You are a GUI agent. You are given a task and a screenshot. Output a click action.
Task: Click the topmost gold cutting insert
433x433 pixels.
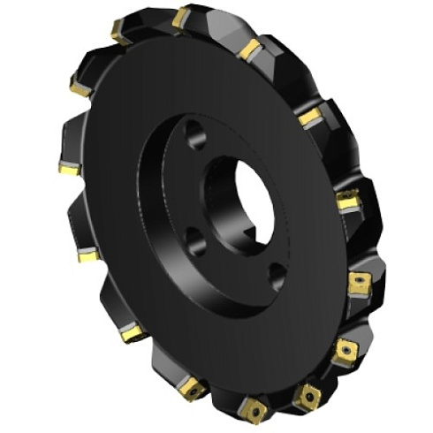tap(183, 17)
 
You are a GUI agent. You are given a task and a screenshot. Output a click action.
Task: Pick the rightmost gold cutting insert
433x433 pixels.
tap(359, 283)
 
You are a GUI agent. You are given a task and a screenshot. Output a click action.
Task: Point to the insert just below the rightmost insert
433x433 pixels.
tap(345, 352)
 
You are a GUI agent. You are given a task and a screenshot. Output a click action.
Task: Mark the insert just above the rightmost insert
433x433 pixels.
tap(348, 202)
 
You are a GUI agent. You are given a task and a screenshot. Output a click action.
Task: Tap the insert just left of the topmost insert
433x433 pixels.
tap(121, 34)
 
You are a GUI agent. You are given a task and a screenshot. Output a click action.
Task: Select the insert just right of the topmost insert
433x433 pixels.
tap(248, 48)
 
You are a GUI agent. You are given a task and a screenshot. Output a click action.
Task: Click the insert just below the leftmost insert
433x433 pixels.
tap(87, 255)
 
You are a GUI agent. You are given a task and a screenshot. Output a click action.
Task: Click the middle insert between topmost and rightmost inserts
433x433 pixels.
tap(309, 116)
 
